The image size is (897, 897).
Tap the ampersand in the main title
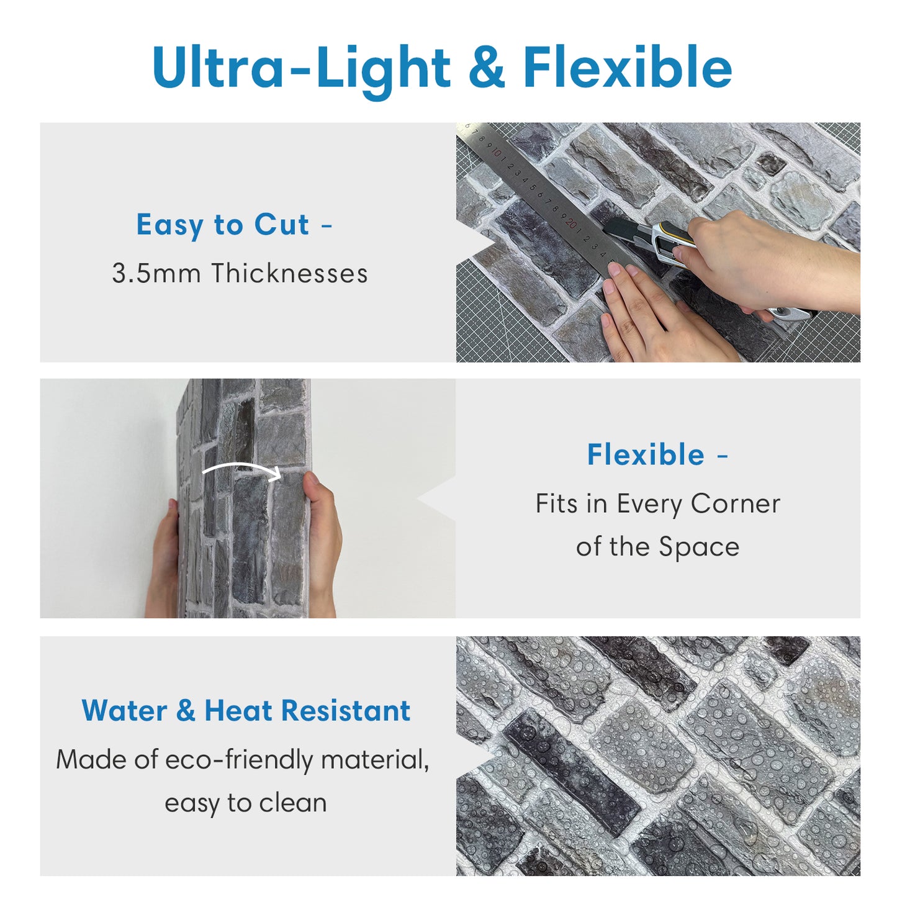tap(487, 66)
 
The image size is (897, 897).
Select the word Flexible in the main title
tap(628, 66)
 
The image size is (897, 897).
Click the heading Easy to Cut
tap(222, 225)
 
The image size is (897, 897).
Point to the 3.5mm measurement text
tap(156, 273)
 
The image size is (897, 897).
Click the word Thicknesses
tap(289, 273)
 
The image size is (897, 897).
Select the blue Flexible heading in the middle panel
tap(646, 454)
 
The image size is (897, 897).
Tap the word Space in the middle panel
tap(699, 548)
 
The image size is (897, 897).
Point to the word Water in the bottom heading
tap(124, 711)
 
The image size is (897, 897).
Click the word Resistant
tap(346, 711)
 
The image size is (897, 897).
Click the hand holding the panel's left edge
tap(163, 559)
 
